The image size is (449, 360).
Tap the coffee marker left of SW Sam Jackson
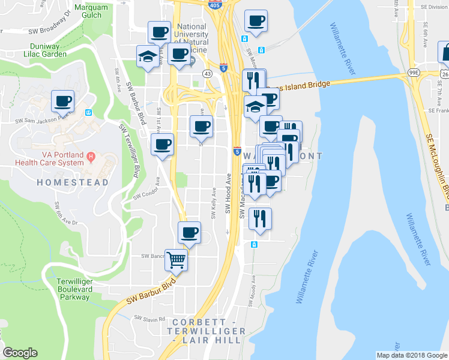(62, 101)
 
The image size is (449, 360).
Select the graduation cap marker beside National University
(148, 57)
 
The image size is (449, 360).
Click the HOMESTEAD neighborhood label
(73, 182)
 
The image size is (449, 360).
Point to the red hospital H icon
(91, 157)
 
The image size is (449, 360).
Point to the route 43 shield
(207, 73)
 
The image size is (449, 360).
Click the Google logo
(20, 353)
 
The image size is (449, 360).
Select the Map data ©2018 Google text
(411, 355)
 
